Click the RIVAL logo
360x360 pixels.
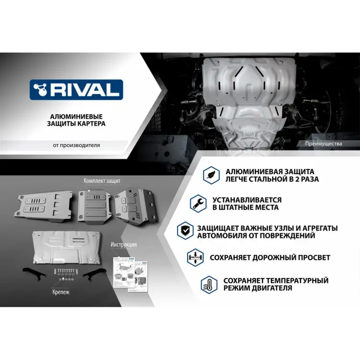point(76,89)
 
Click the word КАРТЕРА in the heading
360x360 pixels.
point(91,123)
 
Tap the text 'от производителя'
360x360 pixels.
point(77,145)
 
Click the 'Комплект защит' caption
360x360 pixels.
point(102,181)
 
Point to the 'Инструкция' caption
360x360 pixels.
point(123,244)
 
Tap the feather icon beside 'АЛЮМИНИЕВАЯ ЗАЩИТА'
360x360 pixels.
point(209,175)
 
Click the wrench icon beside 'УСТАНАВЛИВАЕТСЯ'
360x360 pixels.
point(196,203)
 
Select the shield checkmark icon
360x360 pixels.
point(184,231)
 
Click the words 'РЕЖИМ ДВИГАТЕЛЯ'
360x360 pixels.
point(257,288)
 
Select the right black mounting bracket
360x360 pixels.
point(95,275)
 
